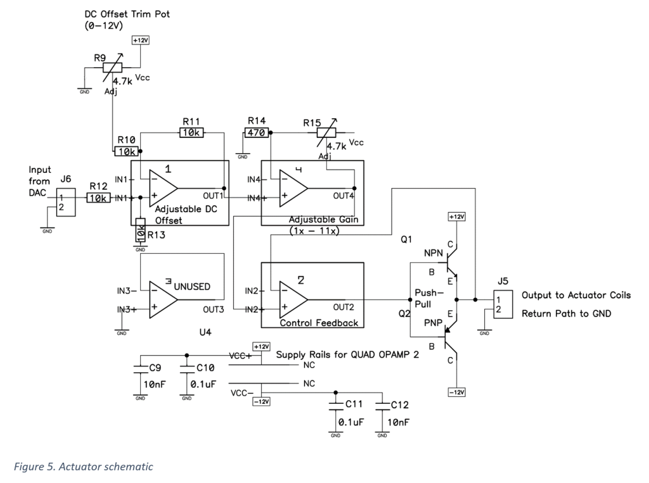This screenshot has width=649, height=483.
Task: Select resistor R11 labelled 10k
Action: pyautogui.click(x=190, y=133)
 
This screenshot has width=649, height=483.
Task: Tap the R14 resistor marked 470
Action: pyautogui.click(x=256, y=133)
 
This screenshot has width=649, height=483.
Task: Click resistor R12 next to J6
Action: pyautogui.click(x=98, y=198)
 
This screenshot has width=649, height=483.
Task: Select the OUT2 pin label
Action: pyautogui.click(x=344, y=308)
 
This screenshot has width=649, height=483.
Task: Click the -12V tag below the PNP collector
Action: pyautogui.click(x=456, y=392)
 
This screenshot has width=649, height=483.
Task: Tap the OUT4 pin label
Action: pyautogui.click(x=344, y=194)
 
